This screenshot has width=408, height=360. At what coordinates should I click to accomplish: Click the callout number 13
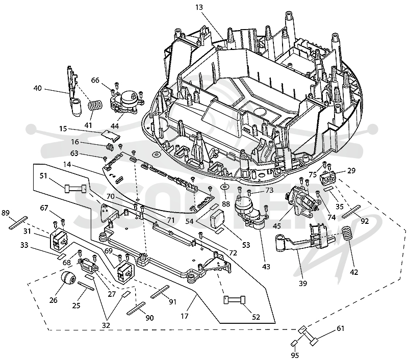199,7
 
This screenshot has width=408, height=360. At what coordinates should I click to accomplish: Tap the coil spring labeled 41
95,106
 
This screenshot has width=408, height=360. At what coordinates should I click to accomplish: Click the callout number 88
225,203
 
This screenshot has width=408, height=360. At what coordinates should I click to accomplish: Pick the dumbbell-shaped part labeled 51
75,188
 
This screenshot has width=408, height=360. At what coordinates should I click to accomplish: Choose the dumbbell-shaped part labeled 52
235,300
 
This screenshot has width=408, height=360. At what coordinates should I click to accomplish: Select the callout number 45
277,225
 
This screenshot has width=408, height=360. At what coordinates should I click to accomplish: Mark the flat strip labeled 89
18,223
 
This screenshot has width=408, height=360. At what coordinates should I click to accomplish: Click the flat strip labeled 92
351,211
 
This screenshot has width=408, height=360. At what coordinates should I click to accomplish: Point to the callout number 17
184,316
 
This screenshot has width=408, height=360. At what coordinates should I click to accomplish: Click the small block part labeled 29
328,177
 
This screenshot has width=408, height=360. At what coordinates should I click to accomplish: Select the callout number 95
295,355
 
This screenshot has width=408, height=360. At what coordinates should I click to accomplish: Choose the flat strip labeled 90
136,309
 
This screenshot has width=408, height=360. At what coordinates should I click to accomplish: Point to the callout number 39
303,284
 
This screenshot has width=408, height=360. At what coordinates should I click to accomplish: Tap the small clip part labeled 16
110,148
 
